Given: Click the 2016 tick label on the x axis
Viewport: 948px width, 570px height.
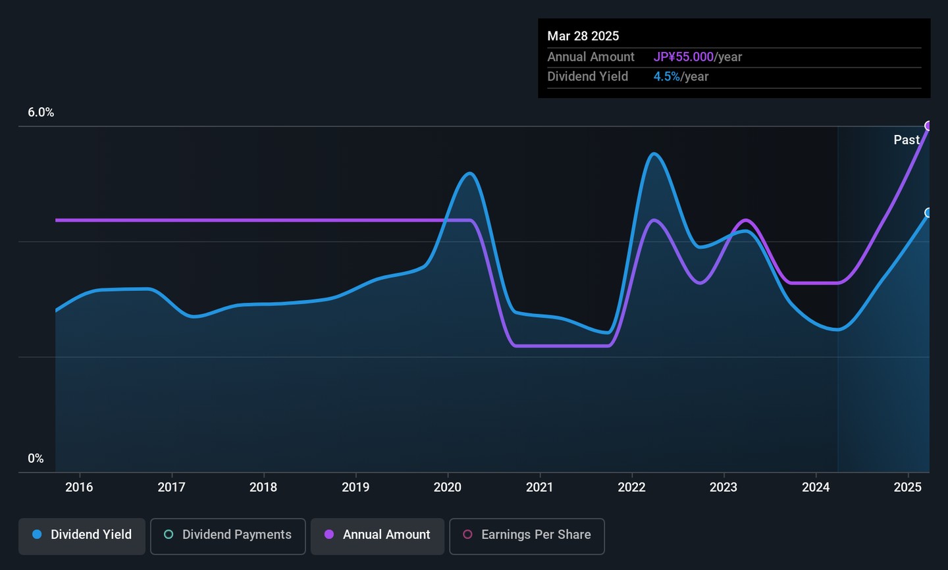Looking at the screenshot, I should (x=79, y=487).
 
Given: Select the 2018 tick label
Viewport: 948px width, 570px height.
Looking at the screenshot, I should (x=263, y=487).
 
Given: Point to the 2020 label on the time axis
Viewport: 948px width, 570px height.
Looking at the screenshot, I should (x=448, y=487).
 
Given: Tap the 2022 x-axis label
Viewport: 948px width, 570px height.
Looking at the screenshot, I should (x=631, y=487).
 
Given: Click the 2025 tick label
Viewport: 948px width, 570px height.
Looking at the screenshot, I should (x=907, y=487).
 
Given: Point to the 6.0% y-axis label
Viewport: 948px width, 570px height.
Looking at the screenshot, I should (x=41, y=113).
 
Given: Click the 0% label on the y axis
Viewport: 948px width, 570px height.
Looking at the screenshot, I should (x=36, y=459).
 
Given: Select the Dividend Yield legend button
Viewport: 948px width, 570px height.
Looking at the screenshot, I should (x=82, y=535).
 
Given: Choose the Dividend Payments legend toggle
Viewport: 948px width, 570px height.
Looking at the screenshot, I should (x=228, y=535).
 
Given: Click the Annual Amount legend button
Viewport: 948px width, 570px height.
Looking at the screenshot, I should (x=378, y=535).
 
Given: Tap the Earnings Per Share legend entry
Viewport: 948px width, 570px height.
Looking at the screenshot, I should (x=527, y=535).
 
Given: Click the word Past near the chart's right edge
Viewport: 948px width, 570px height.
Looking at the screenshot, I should (x=906, y=140).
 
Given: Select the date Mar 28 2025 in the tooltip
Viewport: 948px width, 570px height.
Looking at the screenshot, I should (x=583, y=36).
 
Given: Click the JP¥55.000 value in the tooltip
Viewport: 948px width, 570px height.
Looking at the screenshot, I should (x=683, y=57).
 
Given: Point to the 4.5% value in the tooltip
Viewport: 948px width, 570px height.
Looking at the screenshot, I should (x=666, y=76).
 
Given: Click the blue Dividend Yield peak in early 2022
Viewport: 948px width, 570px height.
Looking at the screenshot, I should (x=653, y=154).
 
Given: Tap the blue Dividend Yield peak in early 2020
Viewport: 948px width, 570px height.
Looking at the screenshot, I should (x=469, y=174).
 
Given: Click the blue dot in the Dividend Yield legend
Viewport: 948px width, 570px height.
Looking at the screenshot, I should (x=38, y=534).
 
